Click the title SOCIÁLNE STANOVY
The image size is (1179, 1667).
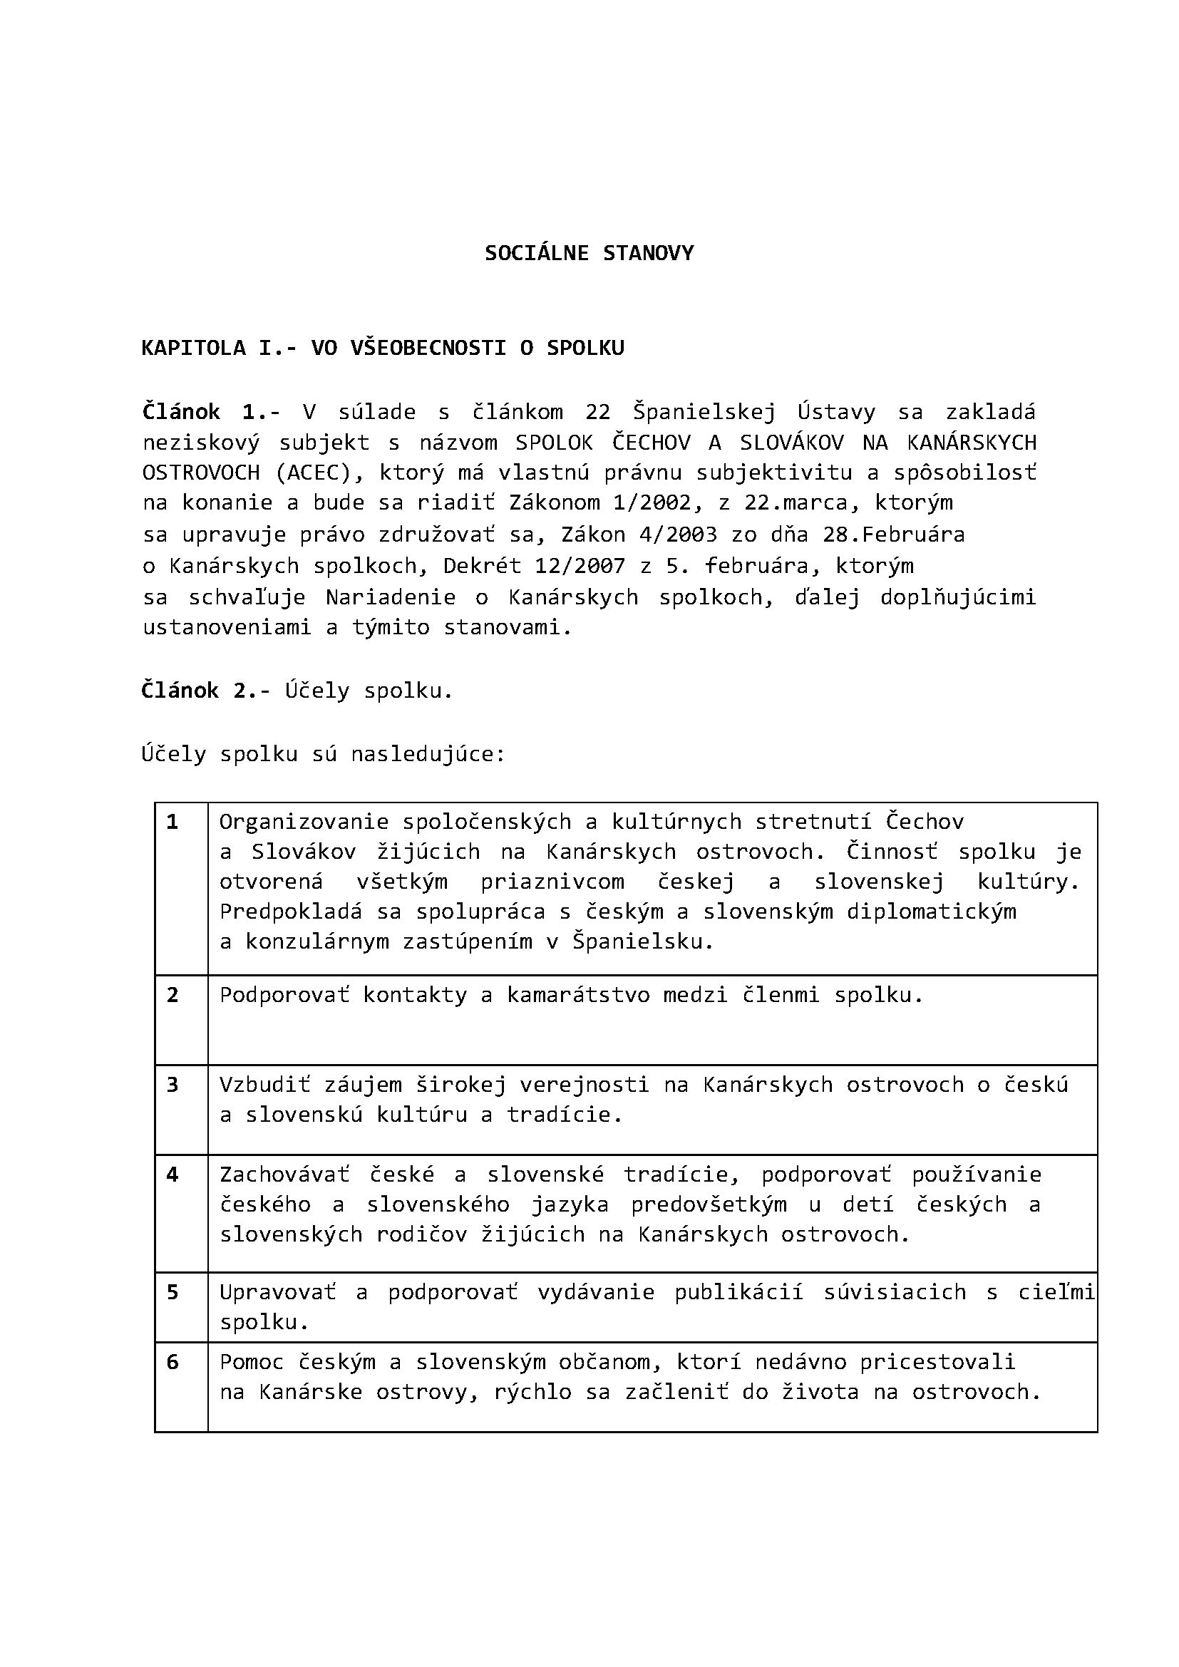click(x=589, y=253)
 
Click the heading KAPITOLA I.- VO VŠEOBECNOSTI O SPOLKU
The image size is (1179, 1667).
click(x=383, y=348)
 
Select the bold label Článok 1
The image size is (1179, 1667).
click(x=198, y=412)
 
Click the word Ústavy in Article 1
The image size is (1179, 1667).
click(x=835, y=412)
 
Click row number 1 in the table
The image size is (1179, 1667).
click(x=172, y=821)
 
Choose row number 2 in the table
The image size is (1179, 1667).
click(x=172, y=994)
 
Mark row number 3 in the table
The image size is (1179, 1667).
click(x=172, y=1084)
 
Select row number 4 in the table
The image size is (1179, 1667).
click(x=172, y=1174)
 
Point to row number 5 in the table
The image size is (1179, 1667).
click(x=172, y=1291)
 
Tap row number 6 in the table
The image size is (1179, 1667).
click(x=172, y=1361)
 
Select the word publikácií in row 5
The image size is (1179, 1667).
click(x=738, y=1291)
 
